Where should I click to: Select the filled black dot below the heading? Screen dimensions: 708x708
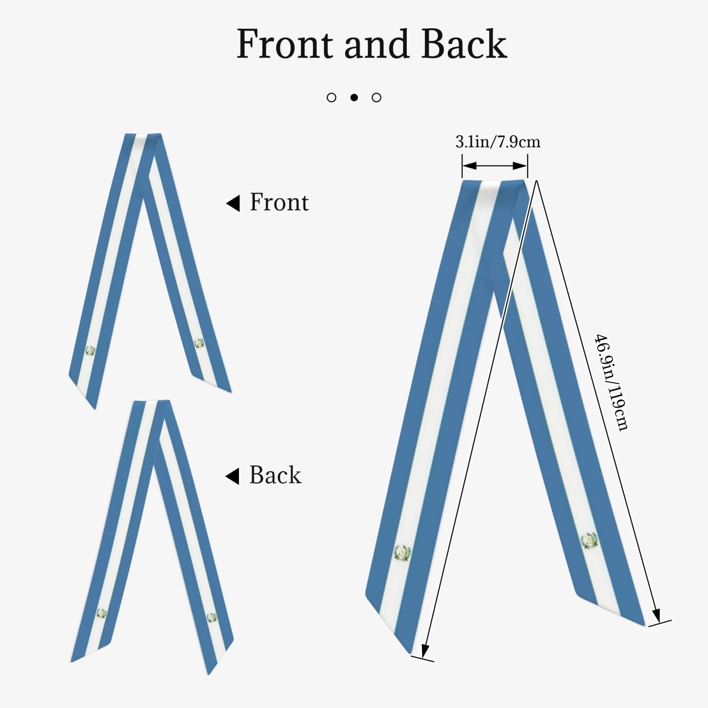point(354,97)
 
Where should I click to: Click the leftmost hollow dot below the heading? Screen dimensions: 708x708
point(331,97)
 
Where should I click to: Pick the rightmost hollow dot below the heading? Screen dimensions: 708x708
point(377,97)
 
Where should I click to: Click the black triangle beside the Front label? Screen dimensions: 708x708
point(233,203)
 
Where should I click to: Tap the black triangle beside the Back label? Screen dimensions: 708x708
point(232,476)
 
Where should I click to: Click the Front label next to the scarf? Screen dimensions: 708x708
point(279,202)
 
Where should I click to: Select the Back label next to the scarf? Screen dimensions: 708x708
point(275,475)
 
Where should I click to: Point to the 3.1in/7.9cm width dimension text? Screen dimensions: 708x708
point(498,142)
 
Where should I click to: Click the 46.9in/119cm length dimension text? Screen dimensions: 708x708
point(611,382)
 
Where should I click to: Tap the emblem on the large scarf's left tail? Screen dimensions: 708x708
point(402,554)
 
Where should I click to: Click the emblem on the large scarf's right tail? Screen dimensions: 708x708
point(589,541)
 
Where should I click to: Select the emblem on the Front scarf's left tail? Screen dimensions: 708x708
point(90,351)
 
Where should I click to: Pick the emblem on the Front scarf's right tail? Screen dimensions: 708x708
point(199,343)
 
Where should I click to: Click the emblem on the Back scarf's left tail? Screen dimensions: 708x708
point(101,613)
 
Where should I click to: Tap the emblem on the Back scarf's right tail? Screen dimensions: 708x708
point(212,617)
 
